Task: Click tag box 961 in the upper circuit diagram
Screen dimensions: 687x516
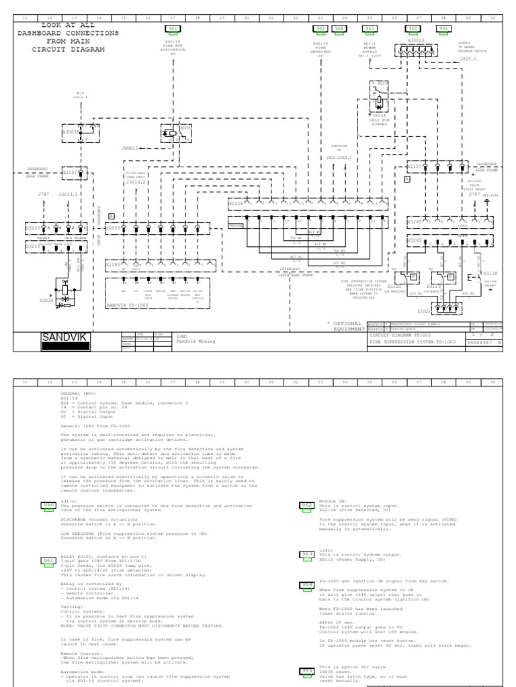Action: [173, 28]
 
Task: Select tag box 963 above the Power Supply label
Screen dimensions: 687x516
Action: [369, 28]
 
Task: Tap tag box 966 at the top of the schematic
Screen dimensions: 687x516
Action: [443, 28]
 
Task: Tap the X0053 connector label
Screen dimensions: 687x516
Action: [114, 227]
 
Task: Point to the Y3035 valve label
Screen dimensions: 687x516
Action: [46, 301]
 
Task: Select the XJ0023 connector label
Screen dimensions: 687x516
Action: [416, 40]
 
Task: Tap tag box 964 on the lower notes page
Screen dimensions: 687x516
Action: [307, 585]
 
